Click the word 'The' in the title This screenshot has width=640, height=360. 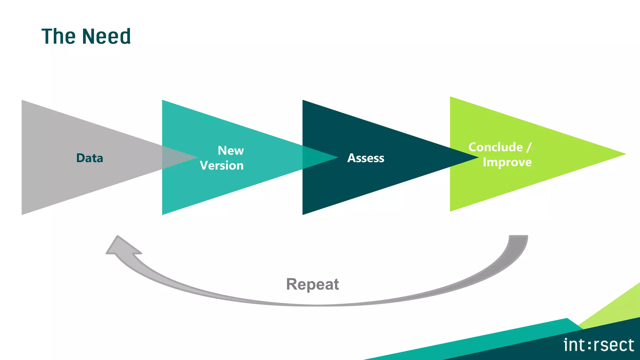(x=58, y=36)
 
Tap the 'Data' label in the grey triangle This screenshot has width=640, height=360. (x=90, y=158)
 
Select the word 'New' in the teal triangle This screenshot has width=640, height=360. (x=231, y=151)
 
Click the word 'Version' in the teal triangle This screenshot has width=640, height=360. (x=222, y=166)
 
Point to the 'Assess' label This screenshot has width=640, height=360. (x=366, y=158)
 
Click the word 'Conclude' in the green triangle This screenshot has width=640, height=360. (x=495, y=147)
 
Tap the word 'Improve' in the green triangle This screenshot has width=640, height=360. (x=507, y=162)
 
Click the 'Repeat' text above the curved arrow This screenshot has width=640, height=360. (x=312, y=284)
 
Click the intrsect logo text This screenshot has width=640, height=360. (x=598, y=345)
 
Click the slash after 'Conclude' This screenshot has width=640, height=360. (x=529, y=147)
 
